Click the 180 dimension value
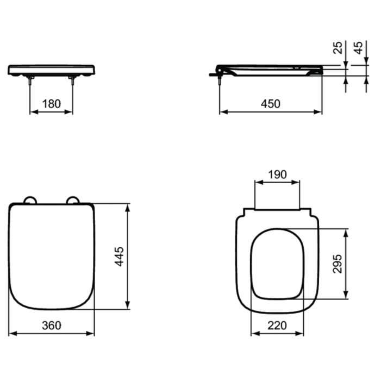pos(51,103)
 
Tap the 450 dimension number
pos(270,103)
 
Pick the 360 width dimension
pos(52,324)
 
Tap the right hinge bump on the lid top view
pos(72,201)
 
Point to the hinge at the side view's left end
pos(219,71)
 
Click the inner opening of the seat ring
pos(277,264)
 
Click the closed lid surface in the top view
pos(52,255)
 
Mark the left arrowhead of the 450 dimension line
pos(222,112)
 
